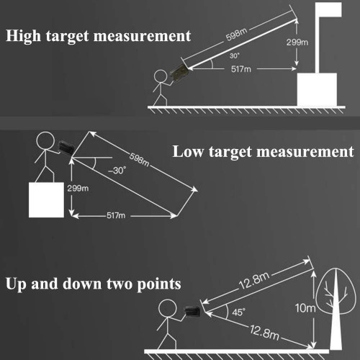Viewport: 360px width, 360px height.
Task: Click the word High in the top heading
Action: pos(23,36)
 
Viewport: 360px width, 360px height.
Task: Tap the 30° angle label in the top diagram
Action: pos(235,56)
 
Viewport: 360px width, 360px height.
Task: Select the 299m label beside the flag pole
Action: pos(297,42)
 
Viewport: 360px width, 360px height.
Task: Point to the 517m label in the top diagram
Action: pos(241,69)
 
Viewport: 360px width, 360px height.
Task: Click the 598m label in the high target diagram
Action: pos(236,35)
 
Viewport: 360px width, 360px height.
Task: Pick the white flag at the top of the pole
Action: pos(328,9)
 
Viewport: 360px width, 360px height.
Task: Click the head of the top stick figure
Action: pos(161,76)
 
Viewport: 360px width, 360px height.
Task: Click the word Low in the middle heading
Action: pos(189,152)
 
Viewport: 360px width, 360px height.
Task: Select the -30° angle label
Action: pos(117,171)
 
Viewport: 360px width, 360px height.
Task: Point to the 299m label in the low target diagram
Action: pos(78,189)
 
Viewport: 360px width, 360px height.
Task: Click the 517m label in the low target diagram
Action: pos(116,215)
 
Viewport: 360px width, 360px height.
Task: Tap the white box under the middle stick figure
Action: pos(46,200)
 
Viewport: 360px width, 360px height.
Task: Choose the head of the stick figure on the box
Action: pos(45,141)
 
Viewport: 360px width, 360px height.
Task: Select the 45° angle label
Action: pos(238,312)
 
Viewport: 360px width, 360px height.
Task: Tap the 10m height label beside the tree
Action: pos(305,308)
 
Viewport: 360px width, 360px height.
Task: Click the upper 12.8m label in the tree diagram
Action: pos(254,281)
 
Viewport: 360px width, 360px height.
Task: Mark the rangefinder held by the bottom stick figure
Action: pos(192,312)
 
